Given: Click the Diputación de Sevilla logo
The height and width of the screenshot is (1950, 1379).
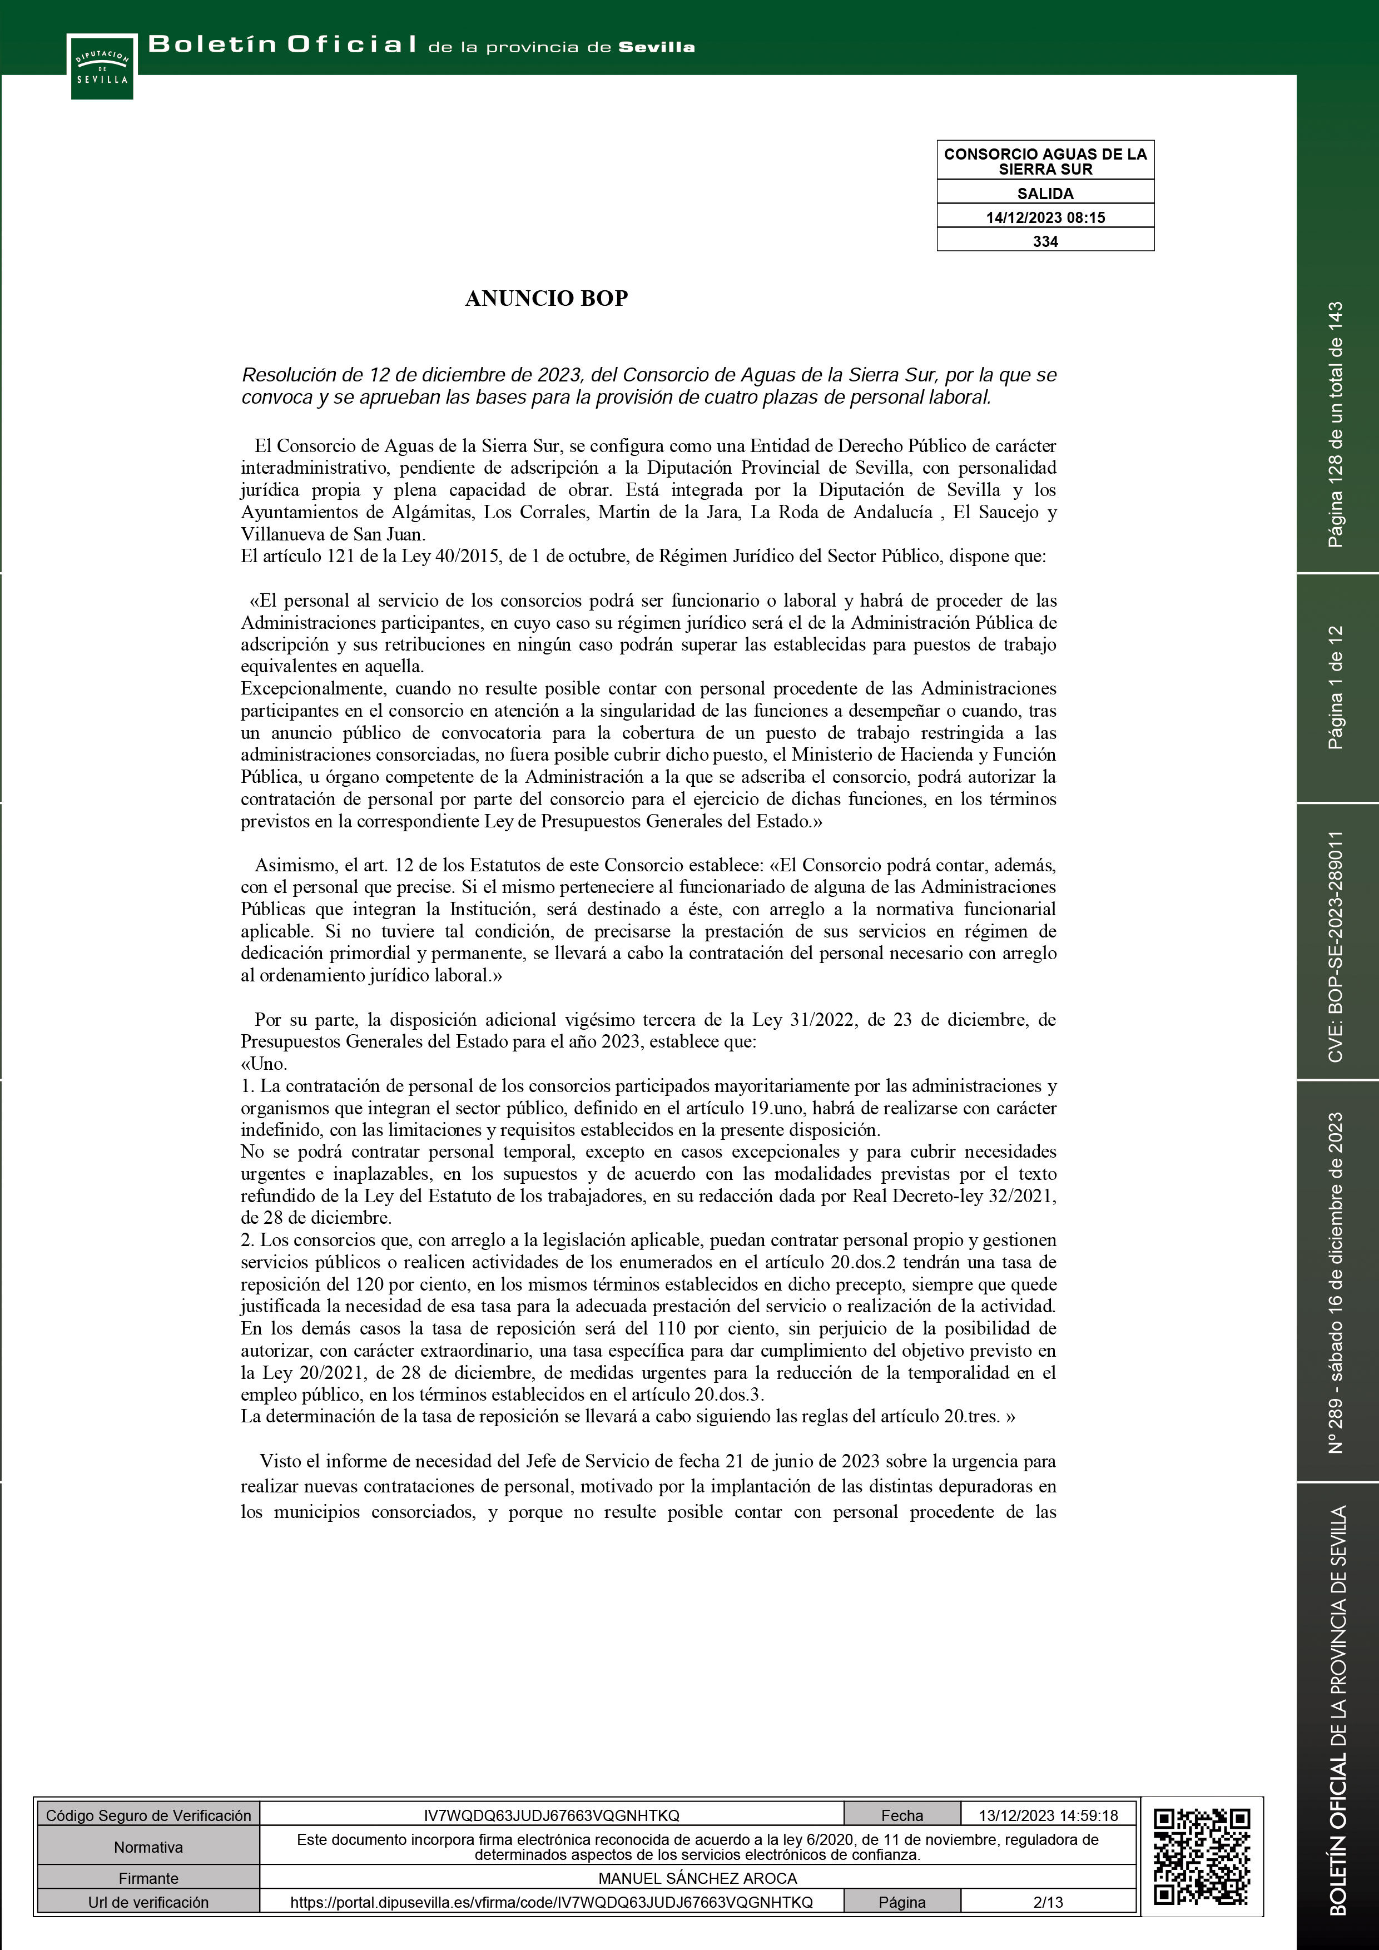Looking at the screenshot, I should coord(102,66).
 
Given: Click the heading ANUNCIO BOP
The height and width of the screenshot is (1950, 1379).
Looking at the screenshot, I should coord(546,298).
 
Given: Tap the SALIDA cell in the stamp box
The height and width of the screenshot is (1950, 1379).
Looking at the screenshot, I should coord(1045,193).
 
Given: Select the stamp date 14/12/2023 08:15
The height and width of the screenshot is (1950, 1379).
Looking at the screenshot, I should coord(1045,217).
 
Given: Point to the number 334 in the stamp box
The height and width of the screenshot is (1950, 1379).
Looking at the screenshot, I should coord(1045,241).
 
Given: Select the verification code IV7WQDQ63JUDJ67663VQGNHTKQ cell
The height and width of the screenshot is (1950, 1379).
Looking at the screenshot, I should coord(552,1815).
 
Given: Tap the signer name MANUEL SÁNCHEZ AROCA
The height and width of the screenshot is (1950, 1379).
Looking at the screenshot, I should coord(697,1878).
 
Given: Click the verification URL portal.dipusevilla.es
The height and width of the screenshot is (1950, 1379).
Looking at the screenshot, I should coord(552,1902).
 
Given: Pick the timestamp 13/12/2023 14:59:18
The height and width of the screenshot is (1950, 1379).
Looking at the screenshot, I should coord(1048,1815).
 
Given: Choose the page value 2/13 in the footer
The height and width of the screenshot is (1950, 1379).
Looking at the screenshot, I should coord(1048,1902).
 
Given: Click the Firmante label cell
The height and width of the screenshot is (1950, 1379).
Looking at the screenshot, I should coord(148,1878).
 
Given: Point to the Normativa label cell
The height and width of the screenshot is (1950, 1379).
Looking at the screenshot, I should coord(148,1847).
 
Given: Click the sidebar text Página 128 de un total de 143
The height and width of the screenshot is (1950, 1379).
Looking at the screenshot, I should coord(1336,425).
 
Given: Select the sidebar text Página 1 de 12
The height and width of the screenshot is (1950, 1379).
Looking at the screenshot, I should coord(1336,688).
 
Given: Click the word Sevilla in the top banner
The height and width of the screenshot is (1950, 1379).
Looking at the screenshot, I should coord(656,48).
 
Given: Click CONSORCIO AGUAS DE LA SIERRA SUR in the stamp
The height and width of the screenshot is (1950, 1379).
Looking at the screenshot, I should coord(1045,161).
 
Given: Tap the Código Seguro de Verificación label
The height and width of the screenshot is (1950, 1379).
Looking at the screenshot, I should coord(148,1815).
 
